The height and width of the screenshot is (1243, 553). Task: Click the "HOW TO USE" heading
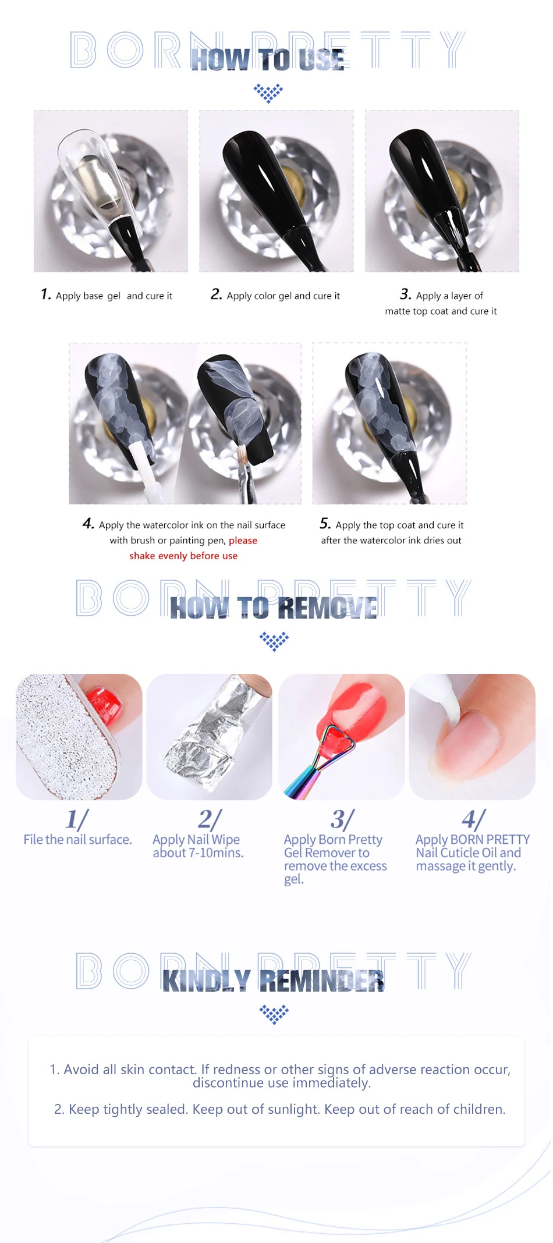pyautogui.click(x=268, y=59)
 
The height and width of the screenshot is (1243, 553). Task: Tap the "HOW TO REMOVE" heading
pyautogui.click(x=274, y=608)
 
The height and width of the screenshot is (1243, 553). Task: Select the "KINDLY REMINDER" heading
pyautogui.click(x=273, y=981)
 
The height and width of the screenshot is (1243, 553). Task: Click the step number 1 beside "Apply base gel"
pyautogui.click(x=46, y=294)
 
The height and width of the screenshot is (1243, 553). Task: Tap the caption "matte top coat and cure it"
pyautogui.click(x=441, y=311)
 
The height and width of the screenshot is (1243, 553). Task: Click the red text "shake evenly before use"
pyautogui.click(x=183, y=556)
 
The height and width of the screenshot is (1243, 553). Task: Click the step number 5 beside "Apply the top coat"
pyautogui.click(x=325, y=523)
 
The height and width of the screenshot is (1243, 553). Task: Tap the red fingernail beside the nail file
pyautogui.click(x=104, y=705)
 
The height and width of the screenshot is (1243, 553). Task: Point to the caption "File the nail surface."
pyautogui.click(x=78, y=840)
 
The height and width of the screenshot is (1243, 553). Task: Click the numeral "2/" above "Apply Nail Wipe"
pyautogui.click(x=210, y=819)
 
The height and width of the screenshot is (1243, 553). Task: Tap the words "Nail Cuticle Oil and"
pyautogui.click(x=469, y=853)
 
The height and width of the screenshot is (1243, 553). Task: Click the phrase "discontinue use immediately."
pyautogui.click(x=282, y=1083)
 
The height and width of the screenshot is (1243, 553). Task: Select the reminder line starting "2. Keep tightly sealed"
pyautogui.click(x=279, y=1109)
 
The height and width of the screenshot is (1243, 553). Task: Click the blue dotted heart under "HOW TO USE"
pyautogui.click(x=268, y=93)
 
